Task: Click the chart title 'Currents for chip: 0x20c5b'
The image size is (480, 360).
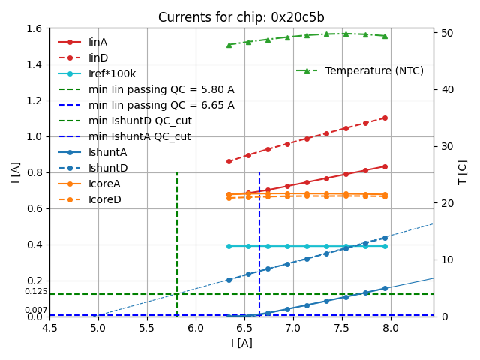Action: [x=241, y=17]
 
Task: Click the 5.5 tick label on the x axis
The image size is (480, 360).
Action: [x=147, y=328]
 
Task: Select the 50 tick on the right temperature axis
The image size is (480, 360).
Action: [x=445, y=33]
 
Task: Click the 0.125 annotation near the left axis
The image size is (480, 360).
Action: [x=36, y=291]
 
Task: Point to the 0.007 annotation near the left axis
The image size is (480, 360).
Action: [x=36, y=310]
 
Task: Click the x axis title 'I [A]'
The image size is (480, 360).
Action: [x=241, y=343]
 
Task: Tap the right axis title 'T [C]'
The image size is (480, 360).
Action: [x=463, y=172]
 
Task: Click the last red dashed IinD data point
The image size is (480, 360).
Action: [x=385, y=118]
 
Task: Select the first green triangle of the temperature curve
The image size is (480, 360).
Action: [x=229, y=45]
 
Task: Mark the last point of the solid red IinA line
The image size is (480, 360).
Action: [x=385, y=166]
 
